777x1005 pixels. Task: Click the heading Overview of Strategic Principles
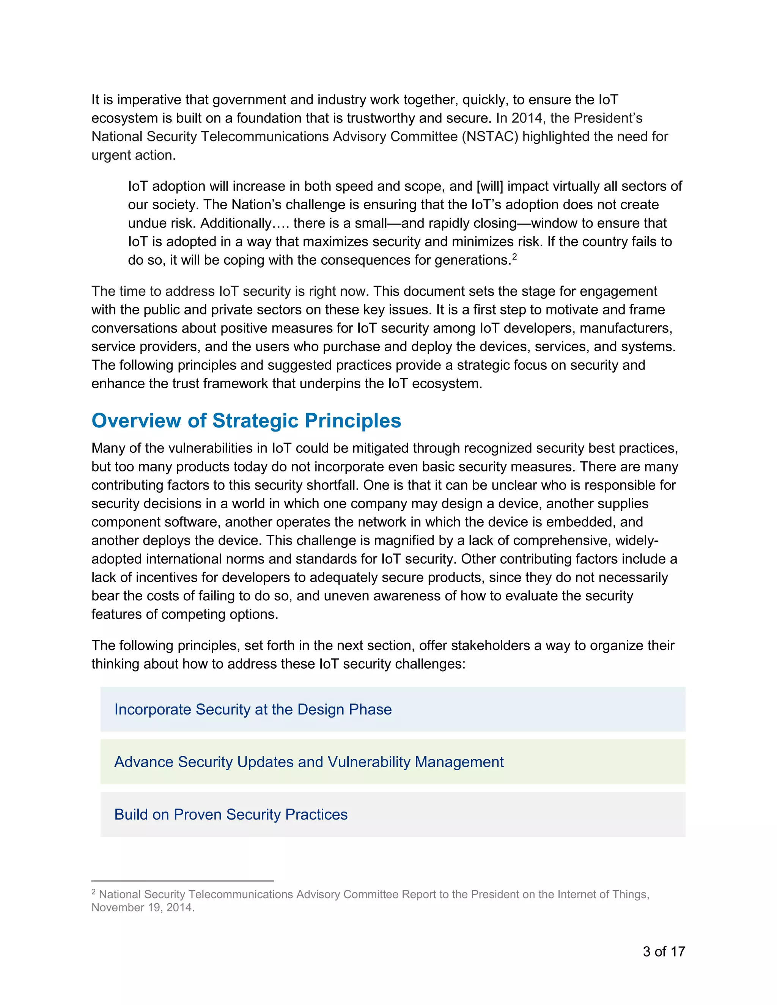pos(246,421)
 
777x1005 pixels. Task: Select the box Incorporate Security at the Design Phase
pos(392,709)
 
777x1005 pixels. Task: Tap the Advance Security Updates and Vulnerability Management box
pos(392,762)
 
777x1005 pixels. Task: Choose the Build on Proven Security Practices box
pos(392,814)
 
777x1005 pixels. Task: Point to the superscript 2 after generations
pos(514,257)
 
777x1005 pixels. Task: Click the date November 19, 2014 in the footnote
pos(142,908)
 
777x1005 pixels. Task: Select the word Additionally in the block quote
pos(236,223)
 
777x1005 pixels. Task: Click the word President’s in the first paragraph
pos(608,118)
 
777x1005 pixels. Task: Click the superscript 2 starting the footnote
pos(93,892)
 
